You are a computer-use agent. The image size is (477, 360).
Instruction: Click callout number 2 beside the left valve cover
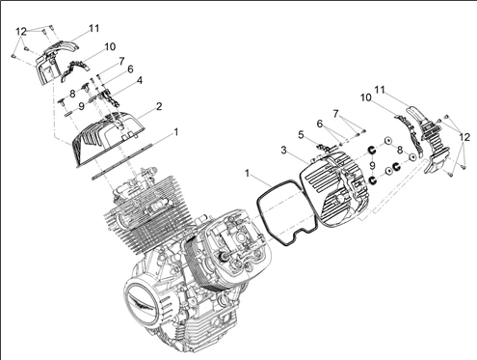[159, 106]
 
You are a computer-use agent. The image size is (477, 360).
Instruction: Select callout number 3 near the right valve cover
[283, 150]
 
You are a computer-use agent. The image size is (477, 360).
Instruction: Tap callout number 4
[140, 80]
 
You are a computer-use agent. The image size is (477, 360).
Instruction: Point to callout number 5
[301, 135]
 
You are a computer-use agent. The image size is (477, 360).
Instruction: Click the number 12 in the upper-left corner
[21, 32]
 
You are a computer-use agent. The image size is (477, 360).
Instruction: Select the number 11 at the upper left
[93, 28]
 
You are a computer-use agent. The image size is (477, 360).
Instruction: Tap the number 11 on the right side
[380, 90]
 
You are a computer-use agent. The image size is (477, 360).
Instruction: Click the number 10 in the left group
[110, 46]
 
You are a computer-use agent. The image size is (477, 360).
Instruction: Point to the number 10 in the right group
[366, 97]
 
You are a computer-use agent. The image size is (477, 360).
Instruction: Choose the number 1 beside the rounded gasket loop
[247, 174]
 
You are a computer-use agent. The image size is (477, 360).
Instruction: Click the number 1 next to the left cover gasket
[175, 132]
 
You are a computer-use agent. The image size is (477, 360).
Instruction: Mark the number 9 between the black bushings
[372, 166]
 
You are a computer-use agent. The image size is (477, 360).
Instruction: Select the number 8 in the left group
[72, 94]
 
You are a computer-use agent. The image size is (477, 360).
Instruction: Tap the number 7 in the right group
[336, 114]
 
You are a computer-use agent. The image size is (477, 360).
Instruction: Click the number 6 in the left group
[130, 69]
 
